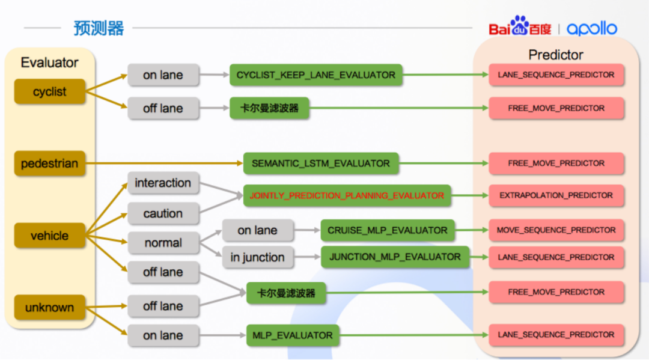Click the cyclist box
coord(50,91)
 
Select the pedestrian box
coord(50,163)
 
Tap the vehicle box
coord(50,236)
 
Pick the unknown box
coord(50,308)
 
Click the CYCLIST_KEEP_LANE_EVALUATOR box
coord(316,75)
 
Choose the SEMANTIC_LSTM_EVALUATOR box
coord(321,163)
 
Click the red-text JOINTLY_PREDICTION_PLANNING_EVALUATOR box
coord(347,196)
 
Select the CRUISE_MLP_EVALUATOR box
coord(388,230)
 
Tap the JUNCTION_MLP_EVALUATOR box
coord(395,257)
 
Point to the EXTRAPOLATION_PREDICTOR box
coord(556,195)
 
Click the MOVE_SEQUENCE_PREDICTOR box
coord(556,230)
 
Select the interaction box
coord(163,183)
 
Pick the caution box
coord(163,213)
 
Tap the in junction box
coord(257,257)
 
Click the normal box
coord(163,242)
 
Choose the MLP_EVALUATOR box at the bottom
coord(293,335)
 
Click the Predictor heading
coord(556,55)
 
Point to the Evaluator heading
coord(50,63)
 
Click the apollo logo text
coord(592,29)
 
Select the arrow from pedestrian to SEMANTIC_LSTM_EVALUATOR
coord(164,163)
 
